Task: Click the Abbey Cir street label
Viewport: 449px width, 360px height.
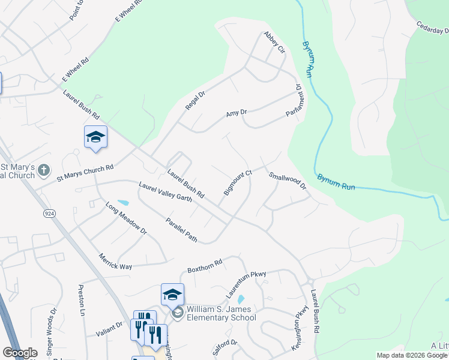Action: pos(273,43)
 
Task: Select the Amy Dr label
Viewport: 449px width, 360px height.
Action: pos(237,113)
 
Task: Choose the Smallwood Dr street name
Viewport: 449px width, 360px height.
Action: pos(288,181)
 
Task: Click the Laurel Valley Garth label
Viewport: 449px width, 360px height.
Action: pos(165,192)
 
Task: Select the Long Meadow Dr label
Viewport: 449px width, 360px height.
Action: pos(126,218)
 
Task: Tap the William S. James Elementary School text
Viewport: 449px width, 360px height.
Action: pos(221,313)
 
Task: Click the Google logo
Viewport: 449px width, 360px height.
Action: pos(20,353)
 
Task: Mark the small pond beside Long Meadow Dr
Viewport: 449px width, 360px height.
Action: pos(123,202)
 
